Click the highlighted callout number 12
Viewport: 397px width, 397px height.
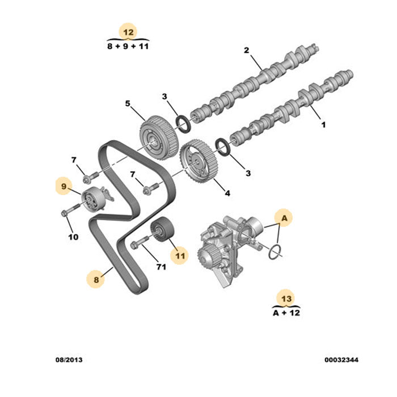128,32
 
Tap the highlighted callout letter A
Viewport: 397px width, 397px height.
284,218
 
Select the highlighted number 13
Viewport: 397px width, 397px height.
286,299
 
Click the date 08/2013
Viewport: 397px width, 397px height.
69,360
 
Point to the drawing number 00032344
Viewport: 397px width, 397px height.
341,360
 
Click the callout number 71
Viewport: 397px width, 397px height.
161,267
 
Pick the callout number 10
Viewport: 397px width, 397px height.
73,237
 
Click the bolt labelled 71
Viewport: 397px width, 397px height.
140,242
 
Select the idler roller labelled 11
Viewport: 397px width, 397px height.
161,230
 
